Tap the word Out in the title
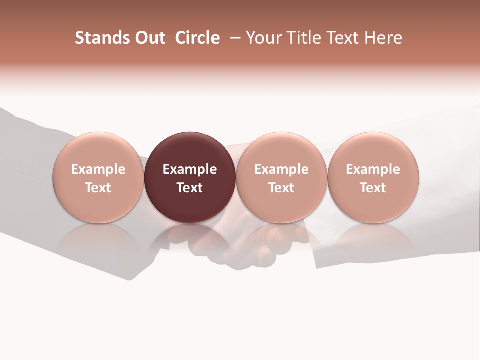pyautogui.click(x=149, y=38)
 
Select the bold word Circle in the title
pyautogui.click(x=197, y=38)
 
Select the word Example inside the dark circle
pyautogui.click(x=190, y=169)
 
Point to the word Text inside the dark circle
pyautogui.click(x=190, y=188)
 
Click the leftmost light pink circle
pyautogui.click(x=98, y=150)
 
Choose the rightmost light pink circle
pyautogui.click(x=373, y=150)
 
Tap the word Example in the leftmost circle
pyautogui.click(x=98, y=169)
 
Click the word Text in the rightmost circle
pyautogui.click(x=373, y=188)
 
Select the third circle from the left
pyautogui.click(x=281, y=150)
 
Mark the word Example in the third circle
pyautogui.click(x=281, y=169)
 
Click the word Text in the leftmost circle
pyautogui.click(x=98, y=188)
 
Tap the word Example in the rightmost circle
pyautogui.click(x=373, y=169)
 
